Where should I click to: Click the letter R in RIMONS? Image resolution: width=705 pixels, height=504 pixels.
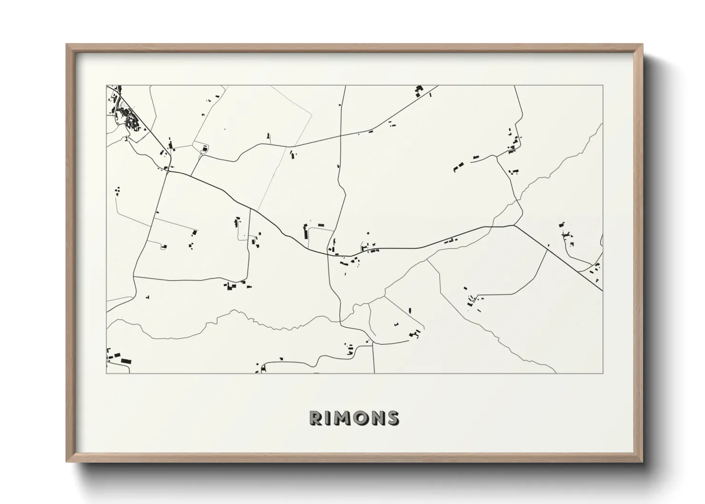316,418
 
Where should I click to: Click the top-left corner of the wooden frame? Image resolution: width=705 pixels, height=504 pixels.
67,45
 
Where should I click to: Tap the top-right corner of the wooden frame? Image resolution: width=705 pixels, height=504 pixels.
643,45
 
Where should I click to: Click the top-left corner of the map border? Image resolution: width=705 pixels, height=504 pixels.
106,85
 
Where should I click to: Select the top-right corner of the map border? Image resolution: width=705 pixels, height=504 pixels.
603,85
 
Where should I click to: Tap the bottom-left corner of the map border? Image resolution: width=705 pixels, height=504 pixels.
106,373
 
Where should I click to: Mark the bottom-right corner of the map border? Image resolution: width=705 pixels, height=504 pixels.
603,373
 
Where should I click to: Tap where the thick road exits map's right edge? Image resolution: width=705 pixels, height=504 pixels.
602,290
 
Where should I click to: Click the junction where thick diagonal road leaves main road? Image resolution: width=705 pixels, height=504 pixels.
514,225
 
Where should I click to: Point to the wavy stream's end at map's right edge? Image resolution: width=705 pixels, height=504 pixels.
602,124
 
